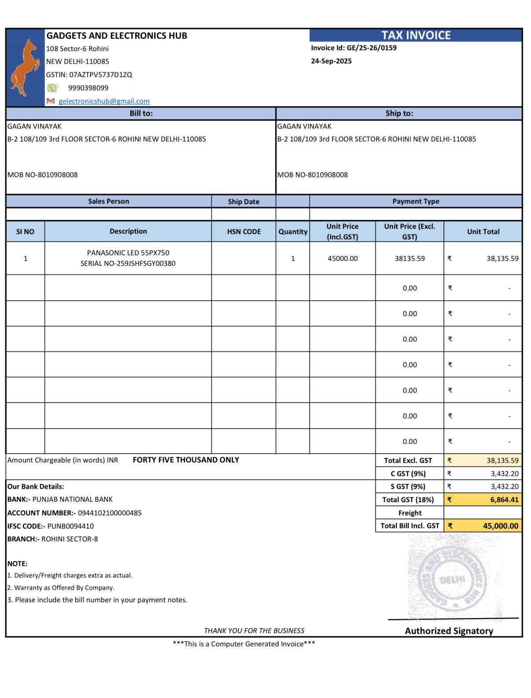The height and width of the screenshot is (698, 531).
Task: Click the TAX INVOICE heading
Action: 416,35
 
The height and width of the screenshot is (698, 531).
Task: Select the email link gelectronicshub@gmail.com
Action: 104,101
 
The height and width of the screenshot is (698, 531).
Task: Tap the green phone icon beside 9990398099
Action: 52,88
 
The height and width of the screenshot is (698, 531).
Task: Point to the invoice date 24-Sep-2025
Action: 331,61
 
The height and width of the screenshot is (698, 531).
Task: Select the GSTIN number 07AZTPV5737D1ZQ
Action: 100,75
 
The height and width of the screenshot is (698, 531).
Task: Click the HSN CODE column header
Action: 244,231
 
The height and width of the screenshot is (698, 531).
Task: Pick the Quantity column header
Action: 293,231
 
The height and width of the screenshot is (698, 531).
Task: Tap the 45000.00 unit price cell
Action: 343,258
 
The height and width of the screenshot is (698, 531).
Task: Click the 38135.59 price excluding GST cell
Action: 409,258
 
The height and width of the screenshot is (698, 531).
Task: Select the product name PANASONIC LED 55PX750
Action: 128,253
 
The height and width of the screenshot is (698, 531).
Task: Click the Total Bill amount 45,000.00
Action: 501,526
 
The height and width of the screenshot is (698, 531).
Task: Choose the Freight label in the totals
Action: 409,513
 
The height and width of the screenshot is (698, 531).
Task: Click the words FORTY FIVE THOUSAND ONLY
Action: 186,460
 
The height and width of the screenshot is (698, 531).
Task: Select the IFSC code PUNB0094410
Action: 70,526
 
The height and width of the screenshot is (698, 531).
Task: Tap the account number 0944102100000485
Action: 110,513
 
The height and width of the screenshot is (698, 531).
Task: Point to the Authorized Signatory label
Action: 449,631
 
